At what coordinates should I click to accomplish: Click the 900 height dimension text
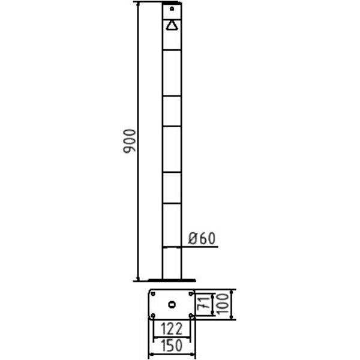[130, 141]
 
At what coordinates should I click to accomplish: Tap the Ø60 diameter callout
[202, 238]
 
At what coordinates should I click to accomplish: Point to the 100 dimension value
[222, 304]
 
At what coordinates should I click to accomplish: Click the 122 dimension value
[172, 329]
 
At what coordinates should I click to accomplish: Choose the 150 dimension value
[172, 346]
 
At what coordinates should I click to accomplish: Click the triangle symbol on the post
[172, 25]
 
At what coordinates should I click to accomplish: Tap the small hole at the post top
[172, 9]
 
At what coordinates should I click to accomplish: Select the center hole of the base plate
[172, 305]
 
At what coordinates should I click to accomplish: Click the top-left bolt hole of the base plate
[153, 293]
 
